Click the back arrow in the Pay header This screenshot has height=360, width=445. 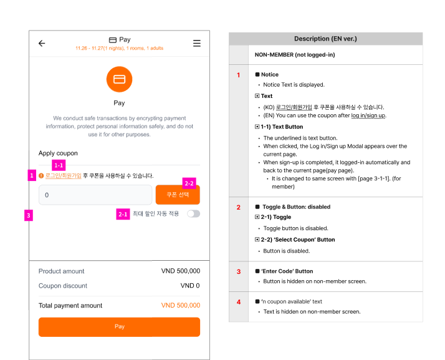click(42, 43)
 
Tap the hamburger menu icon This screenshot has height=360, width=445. click(197, 43)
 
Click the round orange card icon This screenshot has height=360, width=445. click(119, 79)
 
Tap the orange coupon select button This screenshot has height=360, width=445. click(178, 195)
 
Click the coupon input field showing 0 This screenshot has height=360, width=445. click(95, 195)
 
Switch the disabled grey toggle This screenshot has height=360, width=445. click(194, 213)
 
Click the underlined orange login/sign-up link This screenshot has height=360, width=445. click(64, 175)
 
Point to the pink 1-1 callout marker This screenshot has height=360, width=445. click(59, 165)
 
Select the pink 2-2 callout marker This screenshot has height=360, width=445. click(189, 183)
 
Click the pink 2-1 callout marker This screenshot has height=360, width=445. click(123, 214)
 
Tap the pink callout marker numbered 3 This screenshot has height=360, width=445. click(29, 215)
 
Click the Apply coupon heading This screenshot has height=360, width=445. click(58, 153)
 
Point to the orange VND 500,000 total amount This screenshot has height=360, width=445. click(181, 305)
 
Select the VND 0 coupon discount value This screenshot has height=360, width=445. click(190, 286)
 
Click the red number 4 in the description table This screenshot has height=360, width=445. click(239, 302)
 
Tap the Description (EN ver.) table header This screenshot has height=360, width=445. click(325, 39)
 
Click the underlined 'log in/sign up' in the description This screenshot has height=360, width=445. click(368, 115)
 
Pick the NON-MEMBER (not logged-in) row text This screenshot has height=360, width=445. click(295, 55)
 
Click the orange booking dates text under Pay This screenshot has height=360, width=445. click(120, 48)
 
